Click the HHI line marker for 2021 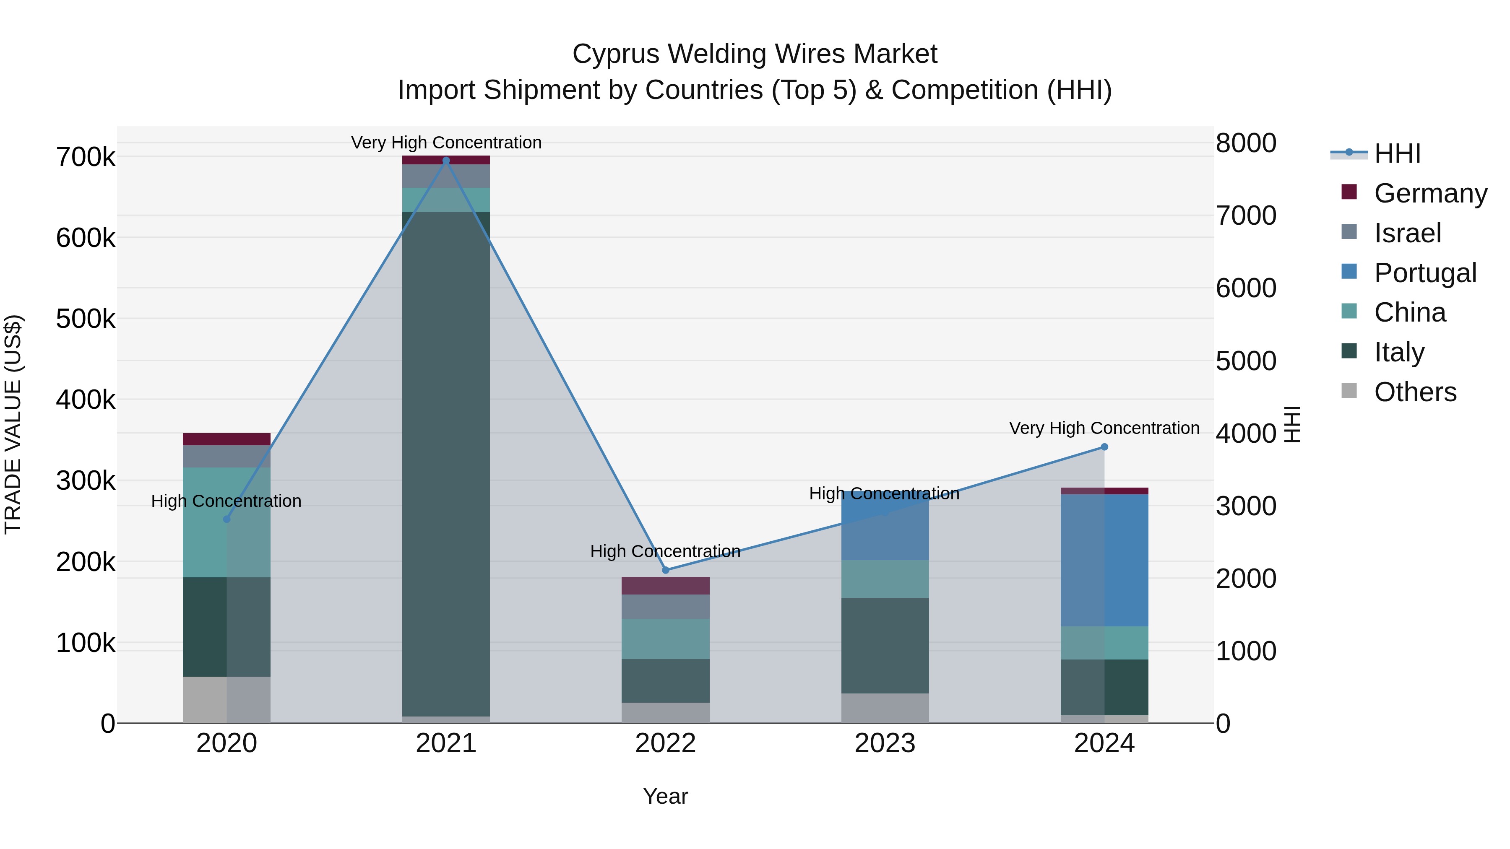click(x=446, y=161)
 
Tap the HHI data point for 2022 click(x=665, y=570)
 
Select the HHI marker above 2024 click(x=1104, y=447)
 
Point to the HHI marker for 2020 click(x=227, y=519)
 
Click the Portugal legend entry click(x=1424, y=273)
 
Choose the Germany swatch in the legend click(x=1349, y=192)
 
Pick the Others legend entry click(x=1415, y=392)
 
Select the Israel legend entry click(x=1407, y=233)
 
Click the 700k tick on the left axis click(x=86, y=158)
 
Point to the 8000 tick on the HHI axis click(x=1246, y=143)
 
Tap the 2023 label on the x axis click(x=885, y=743)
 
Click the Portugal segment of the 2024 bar click(x=1104, y=560)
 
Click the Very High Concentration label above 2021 click(x=446, y=143)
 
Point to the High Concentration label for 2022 click(x=665, y=551)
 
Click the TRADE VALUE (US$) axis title click(x=13, y=424)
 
